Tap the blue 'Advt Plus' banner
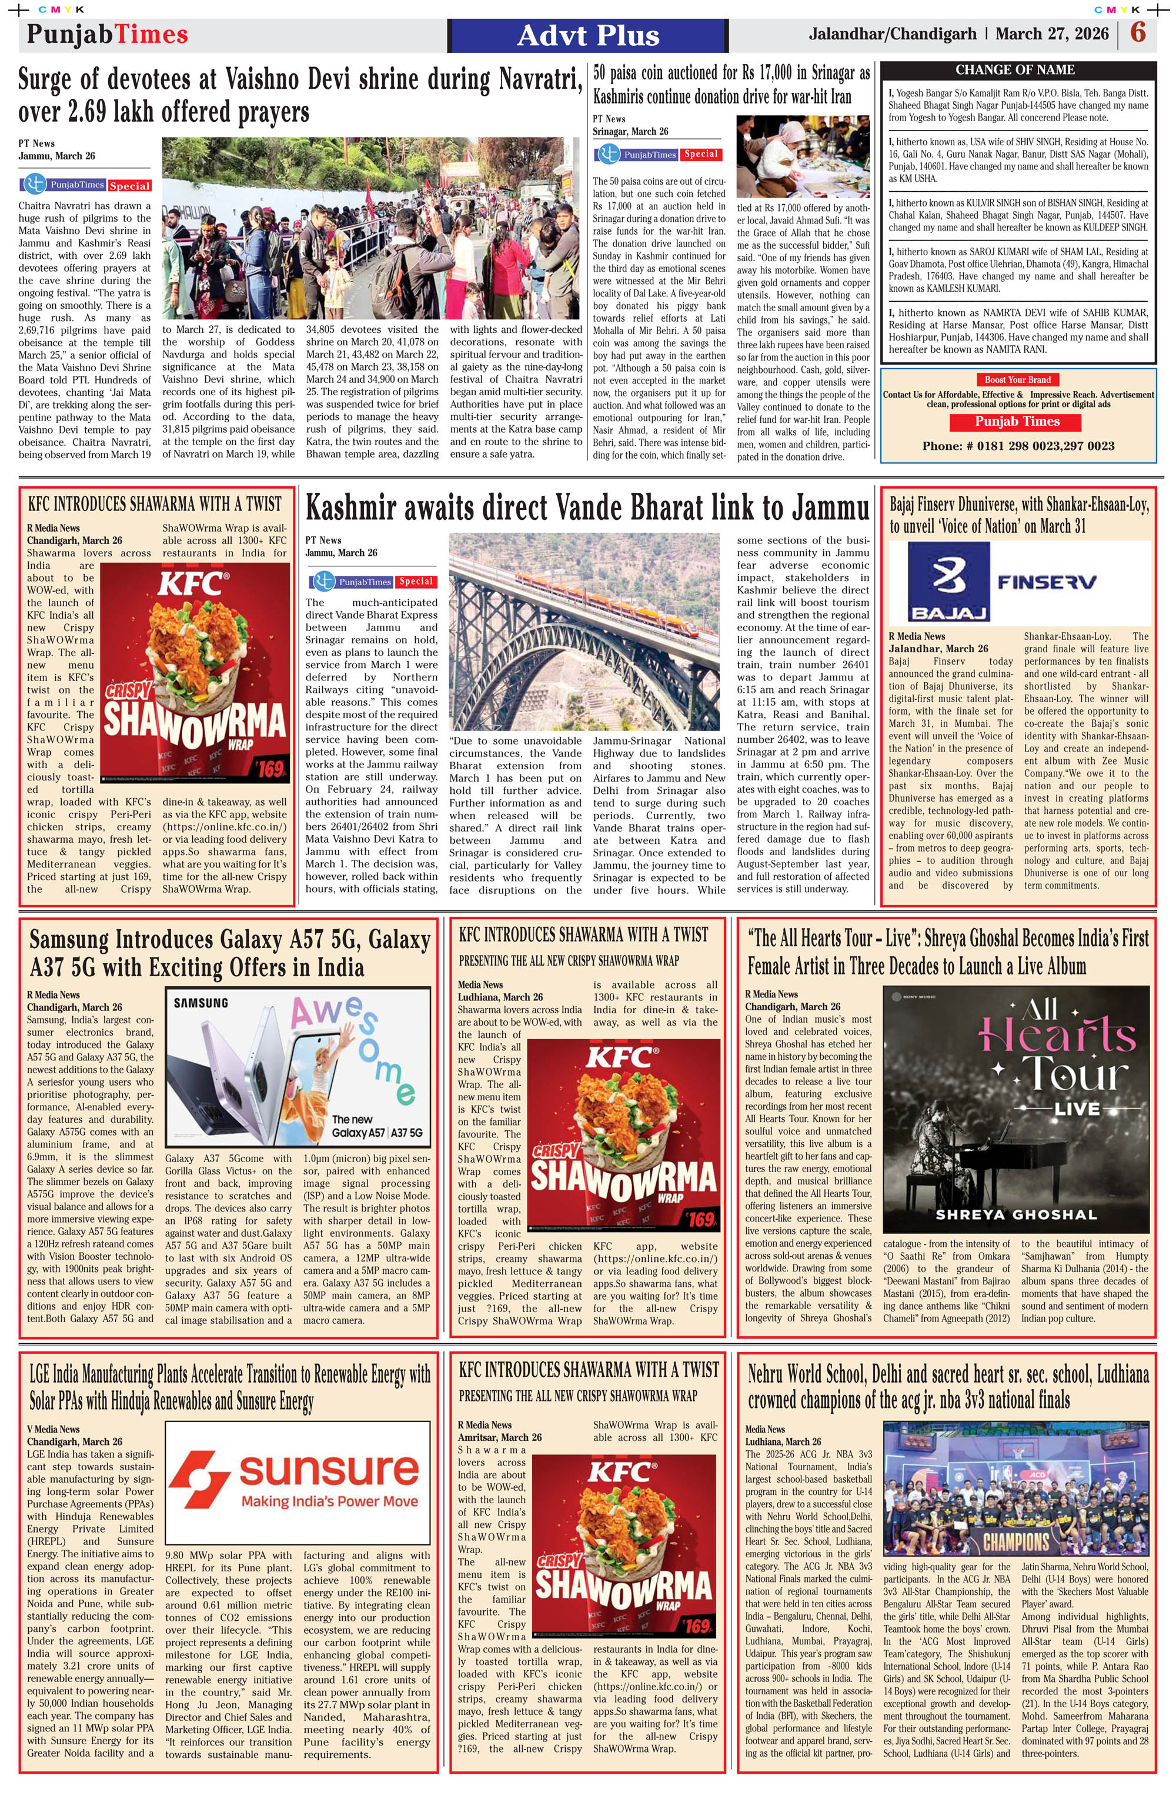(x=588, y=35)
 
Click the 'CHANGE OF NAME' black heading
(x=1014, y=69)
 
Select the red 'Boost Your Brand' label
(x=1017, y=379)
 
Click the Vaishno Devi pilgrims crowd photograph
(x=370, y=228)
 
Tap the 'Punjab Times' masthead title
(x=108, y=35)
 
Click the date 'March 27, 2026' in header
(x=1051, y=34)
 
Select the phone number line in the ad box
(x=1017, y=446)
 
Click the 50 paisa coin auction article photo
(x=803, y=156)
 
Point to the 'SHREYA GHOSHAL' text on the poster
(x=1016, y=1214)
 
